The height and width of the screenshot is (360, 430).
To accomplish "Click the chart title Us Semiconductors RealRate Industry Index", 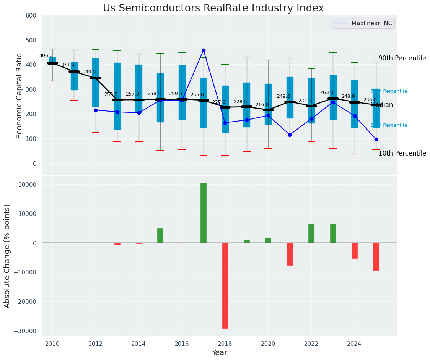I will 213,8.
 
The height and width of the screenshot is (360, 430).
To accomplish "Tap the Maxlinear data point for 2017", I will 204,50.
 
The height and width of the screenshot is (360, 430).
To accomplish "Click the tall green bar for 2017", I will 204,213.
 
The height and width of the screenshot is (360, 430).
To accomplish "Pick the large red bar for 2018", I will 225,285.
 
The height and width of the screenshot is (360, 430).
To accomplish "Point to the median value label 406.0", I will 46,55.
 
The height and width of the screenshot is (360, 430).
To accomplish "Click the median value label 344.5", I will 89,71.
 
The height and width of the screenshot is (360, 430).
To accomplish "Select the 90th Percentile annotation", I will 402,58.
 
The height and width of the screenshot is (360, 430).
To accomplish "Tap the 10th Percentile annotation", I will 402,154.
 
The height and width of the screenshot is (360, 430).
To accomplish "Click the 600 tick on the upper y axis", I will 31,16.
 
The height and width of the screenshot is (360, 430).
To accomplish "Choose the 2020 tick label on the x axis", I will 268,344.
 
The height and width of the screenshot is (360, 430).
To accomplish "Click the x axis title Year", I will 219,353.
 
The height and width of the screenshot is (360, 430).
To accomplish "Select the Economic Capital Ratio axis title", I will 20,96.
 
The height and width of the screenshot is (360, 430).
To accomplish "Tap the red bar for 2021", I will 290,254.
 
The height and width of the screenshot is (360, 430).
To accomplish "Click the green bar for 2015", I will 160,235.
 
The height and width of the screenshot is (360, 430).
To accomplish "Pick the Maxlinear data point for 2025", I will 376,139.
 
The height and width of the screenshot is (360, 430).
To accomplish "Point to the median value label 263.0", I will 327,92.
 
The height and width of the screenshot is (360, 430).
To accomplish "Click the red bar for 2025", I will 376,257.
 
